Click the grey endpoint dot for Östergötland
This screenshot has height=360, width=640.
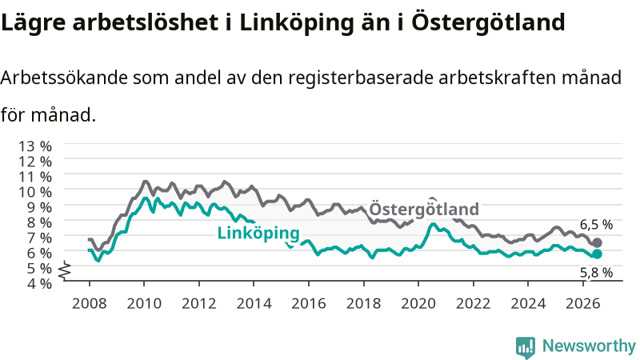pos(597,243)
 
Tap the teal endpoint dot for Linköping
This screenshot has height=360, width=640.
pos(597,254)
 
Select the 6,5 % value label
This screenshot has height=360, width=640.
pos(596,225)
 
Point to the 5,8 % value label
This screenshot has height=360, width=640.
pos(596,273)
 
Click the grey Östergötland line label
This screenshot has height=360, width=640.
pos(424,209)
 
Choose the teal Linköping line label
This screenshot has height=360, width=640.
pos(258,234)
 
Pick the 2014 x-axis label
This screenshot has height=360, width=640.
pos(254,303)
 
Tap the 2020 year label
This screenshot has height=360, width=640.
pos(418,303)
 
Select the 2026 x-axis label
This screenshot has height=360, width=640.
pos(583,303)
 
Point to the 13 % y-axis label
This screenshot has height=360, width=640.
pos(35,146)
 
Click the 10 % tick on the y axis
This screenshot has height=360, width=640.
pos(35,192)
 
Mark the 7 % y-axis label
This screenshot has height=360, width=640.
pos(39,238)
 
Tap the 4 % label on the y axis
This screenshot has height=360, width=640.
pos(39,283)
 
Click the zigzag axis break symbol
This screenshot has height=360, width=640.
pos(65,270)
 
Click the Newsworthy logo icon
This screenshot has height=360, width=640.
pos(526,346)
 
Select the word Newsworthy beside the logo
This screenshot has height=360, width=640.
pos(589,346)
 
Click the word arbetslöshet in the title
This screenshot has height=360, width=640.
pos(146,22)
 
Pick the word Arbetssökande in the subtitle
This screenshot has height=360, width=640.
pos(64,78)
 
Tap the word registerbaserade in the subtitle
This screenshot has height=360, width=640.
pos(361,78)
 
